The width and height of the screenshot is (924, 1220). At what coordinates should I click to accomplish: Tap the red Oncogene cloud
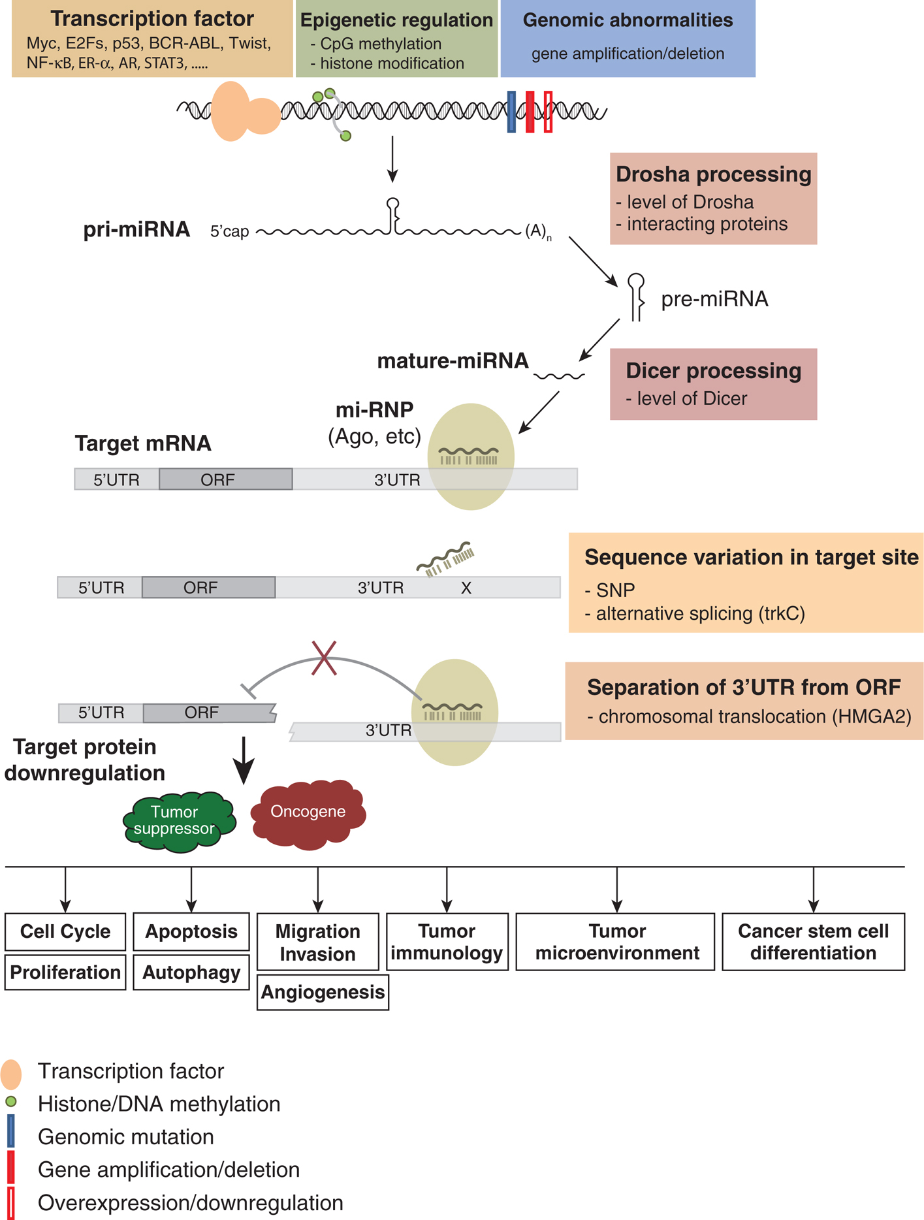[x=308, y=812]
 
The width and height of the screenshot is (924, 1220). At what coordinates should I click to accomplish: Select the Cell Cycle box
[x=65, y=931]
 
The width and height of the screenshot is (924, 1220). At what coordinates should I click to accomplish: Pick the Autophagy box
[x=191, y=972]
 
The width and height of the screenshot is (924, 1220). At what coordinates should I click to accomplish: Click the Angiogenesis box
[x=323, y=993]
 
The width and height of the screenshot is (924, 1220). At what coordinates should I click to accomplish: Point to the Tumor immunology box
[x=447, y=942]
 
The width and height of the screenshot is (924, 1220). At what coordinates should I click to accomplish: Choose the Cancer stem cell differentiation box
[x=813, y=942]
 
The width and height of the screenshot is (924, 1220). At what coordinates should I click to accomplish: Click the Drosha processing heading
[x=713, y=174]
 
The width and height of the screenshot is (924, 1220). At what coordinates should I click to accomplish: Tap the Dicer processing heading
[x=713, y=371]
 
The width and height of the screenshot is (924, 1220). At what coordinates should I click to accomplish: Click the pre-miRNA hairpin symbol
[x=636, y=297]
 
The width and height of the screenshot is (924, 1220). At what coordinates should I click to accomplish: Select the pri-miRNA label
[x=136, y=230]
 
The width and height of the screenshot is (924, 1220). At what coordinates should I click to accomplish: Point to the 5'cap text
[x=229, y=232]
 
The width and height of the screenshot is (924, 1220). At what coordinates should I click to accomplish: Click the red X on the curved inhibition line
[x=324, y=658]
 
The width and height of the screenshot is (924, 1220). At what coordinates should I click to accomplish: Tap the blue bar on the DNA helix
[x=511, y=112]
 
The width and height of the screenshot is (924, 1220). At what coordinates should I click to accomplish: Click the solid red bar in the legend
[x=10, y=1167]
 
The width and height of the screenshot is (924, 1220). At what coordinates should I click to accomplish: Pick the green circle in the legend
[x=10, y=1102]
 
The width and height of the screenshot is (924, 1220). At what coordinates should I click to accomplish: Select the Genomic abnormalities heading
[x=628, y=20]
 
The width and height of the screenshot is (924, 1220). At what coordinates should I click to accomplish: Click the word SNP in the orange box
[x=615, y=590]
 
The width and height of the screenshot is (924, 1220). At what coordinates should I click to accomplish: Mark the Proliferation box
[x=65, y=972]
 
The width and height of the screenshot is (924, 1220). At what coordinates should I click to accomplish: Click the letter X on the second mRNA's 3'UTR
[x=466, y=588]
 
